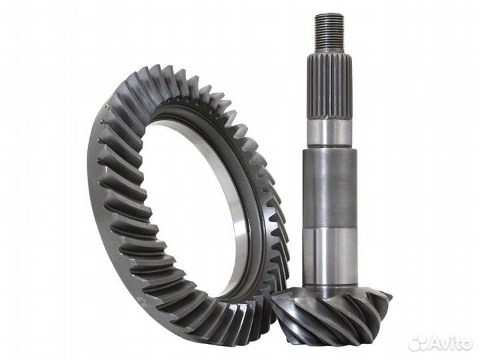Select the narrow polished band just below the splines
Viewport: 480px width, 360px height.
pos(329,133)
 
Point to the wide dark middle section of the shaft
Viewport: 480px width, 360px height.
pos(329,187)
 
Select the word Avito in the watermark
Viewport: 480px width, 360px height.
pos(451,343)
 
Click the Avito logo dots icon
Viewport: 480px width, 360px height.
pos(419,343)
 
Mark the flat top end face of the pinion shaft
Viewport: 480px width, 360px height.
pos(329,15)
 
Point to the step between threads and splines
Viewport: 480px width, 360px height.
pos(329,52)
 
